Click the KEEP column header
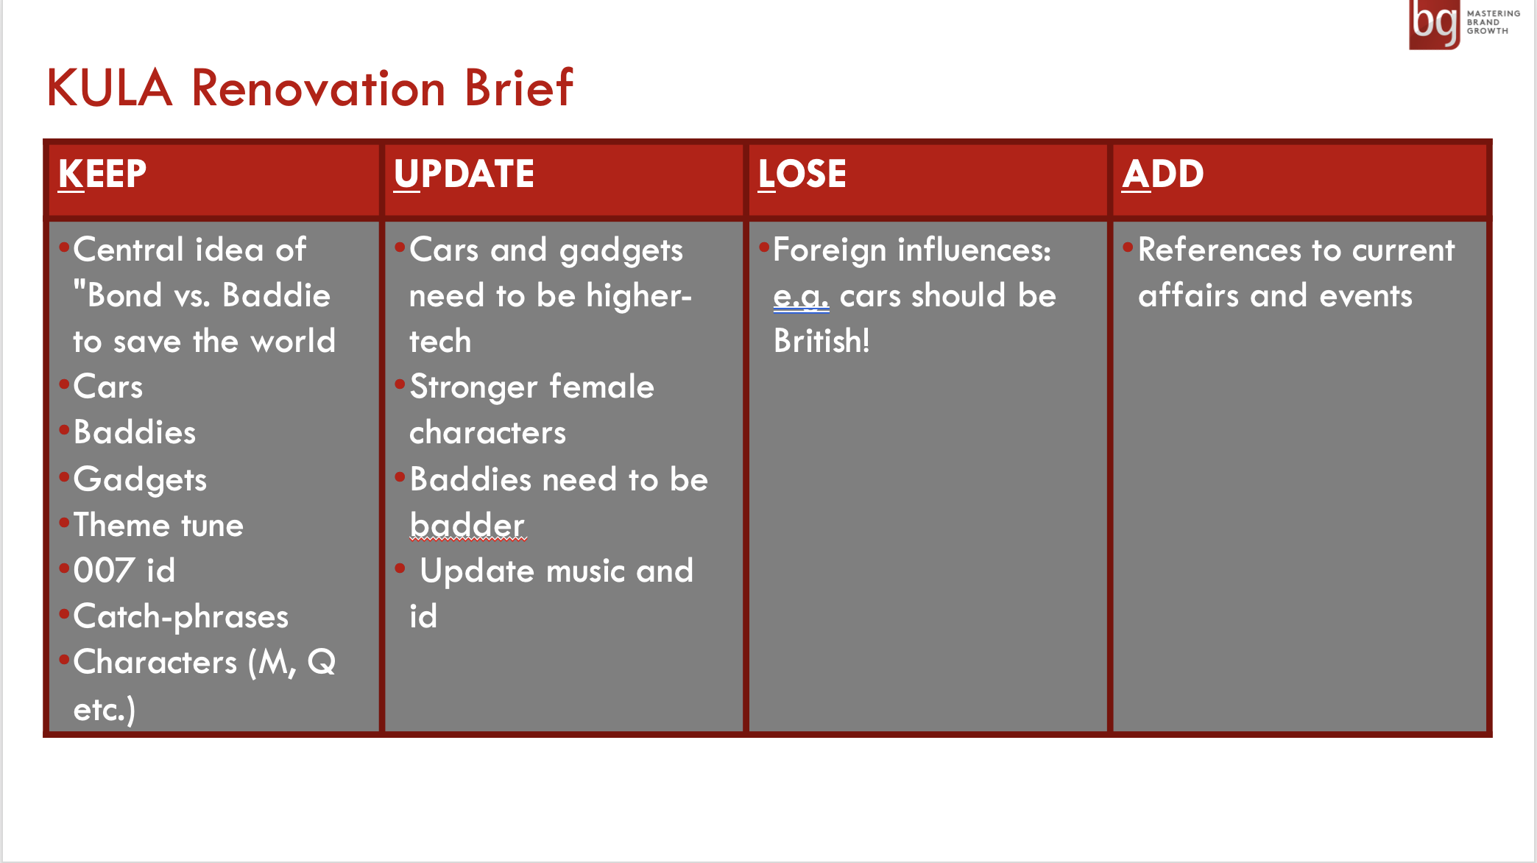point(102,175)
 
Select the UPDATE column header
point(464,175)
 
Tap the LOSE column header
point(802,175)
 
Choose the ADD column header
point(1163,175)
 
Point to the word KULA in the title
point(110,88)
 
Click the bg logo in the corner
point(1434,24)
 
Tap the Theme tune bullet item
point(158,525)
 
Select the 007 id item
point(124,571)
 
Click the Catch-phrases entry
point(181,616)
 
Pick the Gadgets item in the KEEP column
point(140,479)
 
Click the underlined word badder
point(467,525)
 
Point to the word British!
point(821,341)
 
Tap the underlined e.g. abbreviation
point(801,297)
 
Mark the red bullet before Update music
point(400,568)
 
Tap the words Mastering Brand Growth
point(1493,22)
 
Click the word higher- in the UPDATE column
point(639,296)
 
